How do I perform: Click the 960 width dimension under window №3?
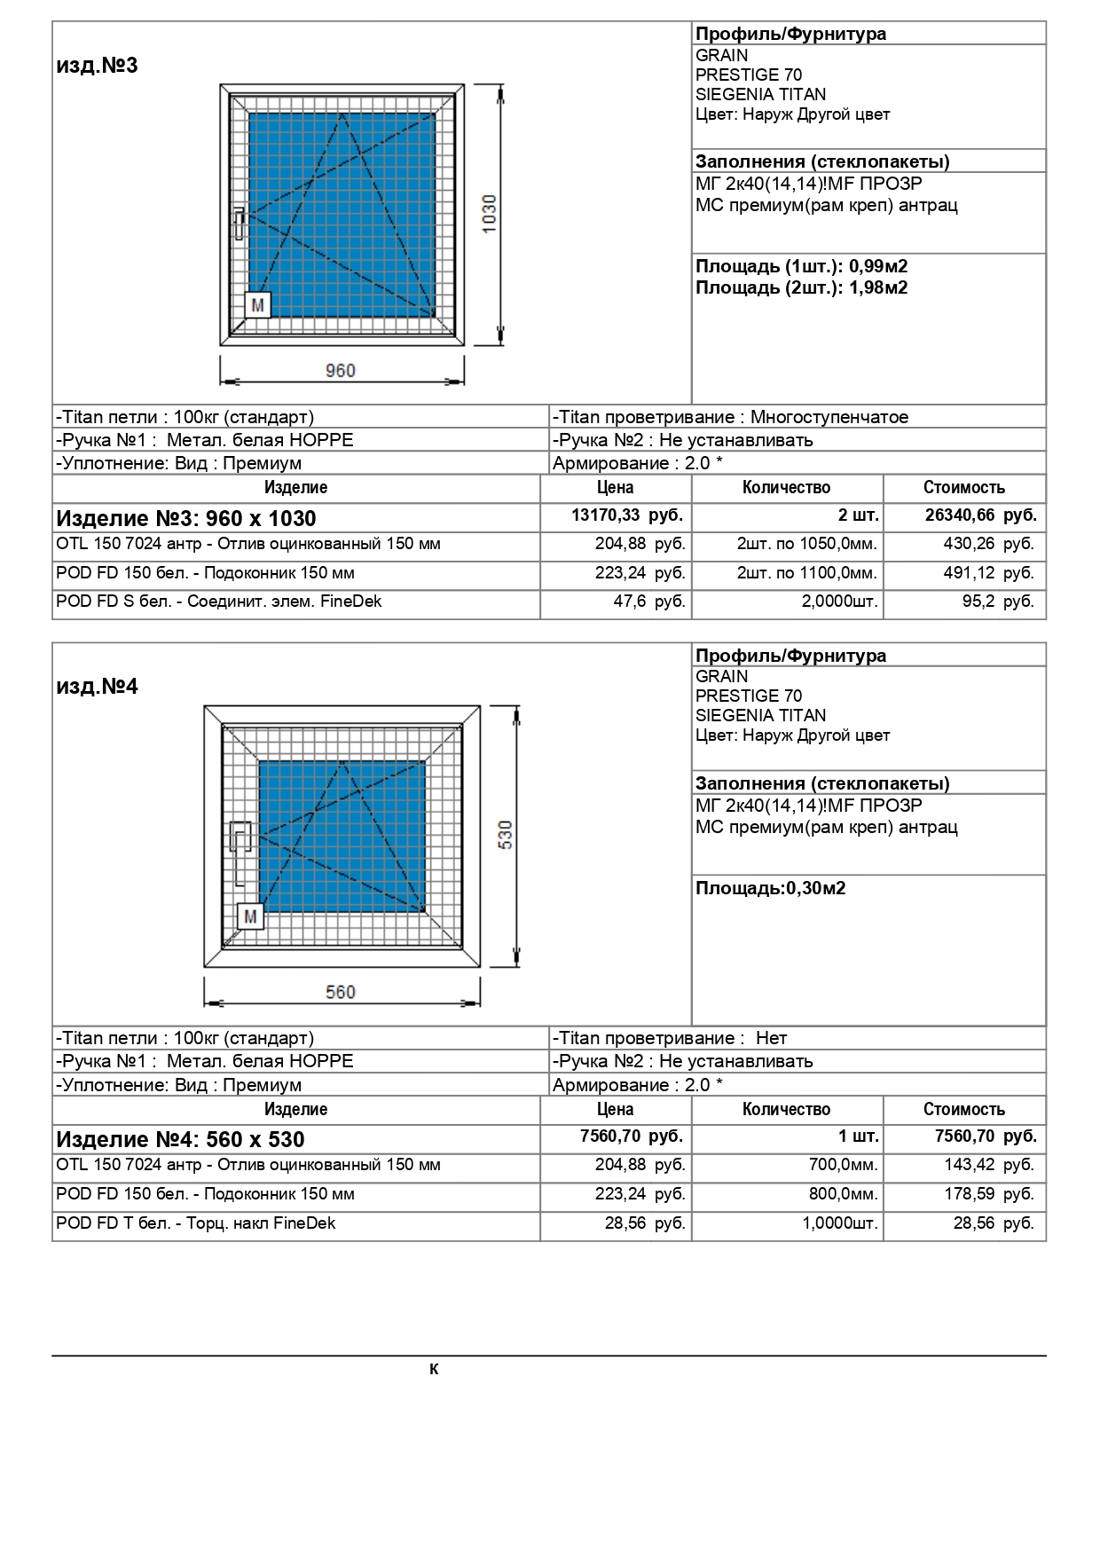coord(340,371)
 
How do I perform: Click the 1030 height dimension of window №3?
coord(489,214)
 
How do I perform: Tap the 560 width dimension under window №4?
coord(340,992)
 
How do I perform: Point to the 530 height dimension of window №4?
coord(506,835)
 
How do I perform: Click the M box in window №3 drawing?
coord(257,305)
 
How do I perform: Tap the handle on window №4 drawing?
coord(240,853)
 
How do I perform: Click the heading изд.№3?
coord(98,66)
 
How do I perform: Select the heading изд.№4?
coord(98,687)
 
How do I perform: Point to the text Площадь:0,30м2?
coord(770,888)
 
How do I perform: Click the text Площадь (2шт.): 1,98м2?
coord(801,287)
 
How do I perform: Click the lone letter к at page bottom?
coord(434,1369)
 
